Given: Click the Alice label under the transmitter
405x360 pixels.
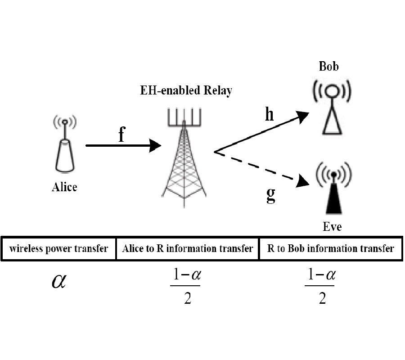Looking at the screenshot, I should (x=64, y=187).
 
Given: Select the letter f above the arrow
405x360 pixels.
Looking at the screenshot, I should (x=121, y=135).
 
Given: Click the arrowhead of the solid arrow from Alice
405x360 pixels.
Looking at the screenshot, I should (x=155, y=145).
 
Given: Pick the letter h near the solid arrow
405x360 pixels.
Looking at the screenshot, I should (x=269, y=115).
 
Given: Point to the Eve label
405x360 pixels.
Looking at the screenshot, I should (x=332, y=226).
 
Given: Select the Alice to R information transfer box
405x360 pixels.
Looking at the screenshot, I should (x=188, y=248).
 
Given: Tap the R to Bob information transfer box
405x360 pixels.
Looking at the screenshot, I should (x=331, y=248).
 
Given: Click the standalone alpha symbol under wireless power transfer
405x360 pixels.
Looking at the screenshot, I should (x=58, y=282).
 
